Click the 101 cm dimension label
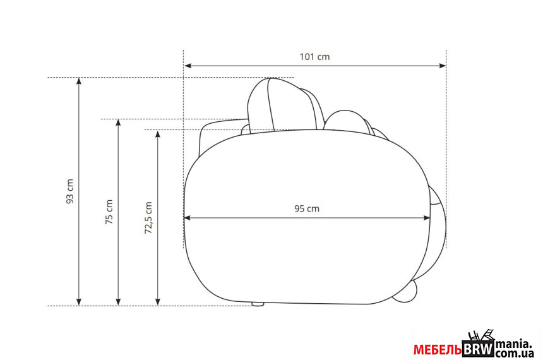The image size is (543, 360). coord(314,56)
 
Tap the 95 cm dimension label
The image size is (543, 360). coord(307,208)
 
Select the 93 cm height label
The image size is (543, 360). coord(70,191)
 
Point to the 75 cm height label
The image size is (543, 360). coord(109,212)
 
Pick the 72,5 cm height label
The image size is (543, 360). coord(148,218)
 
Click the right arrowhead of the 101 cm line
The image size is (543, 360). coord(442,66)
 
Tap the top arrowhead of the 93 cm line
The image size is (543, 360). coord(79,81)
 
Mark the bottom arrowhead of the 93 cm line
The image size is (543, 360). coord(79,301)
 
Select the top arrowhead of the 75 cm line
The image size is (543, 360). coord(119,123)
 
